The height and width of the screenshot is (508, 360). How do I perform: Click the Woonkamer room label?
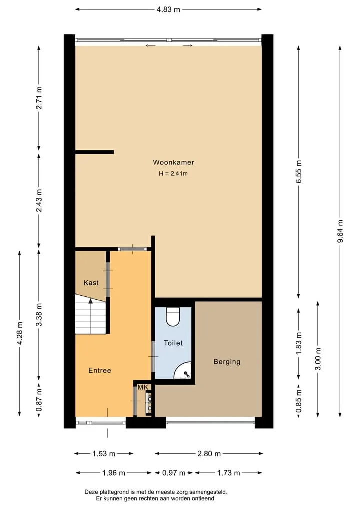pos(173,162)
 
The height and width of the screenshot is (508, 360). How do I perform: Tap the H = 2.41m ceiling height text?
pos(173,174)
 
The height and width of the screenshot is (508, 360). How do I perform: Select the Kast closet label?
pos(91,283)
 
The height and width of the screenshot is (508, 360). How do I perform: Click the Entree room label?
pos(100,370)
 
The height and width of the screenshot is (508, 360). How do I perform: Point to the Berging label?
pos(227,362)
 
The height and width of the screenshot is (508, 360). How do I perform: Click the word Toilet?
pos(173,343)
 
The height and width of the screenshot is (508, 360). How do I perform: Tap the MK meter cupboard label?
pos(143,387)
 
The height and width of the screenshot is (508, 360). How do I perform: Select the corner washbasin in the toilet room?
pos(184,372)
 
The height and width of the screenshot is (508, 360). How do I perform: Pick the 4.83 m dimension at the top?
pos(168,9)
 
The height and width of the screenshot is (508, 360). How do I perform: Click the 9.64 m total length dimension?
pos(340,231)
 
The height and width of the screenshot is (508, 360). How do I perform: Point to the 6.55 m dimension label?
pos(299,172)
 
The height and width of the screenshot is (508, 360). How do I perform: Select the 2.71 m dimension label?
pos(39,98)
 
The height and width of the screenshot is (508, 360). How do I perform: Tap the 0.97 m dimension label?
pos(174,473)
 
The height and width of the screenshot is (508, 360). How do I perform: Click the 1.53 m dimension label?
pos(104,454)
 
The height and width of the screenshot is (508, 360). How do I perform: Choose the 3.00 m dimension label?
pos(318,359)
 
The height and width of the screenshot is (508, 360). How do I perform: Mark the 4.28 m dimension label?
pos(20,333)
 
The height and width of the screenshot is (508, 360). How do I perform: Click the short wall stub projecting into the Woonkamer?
pos(94,152)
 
